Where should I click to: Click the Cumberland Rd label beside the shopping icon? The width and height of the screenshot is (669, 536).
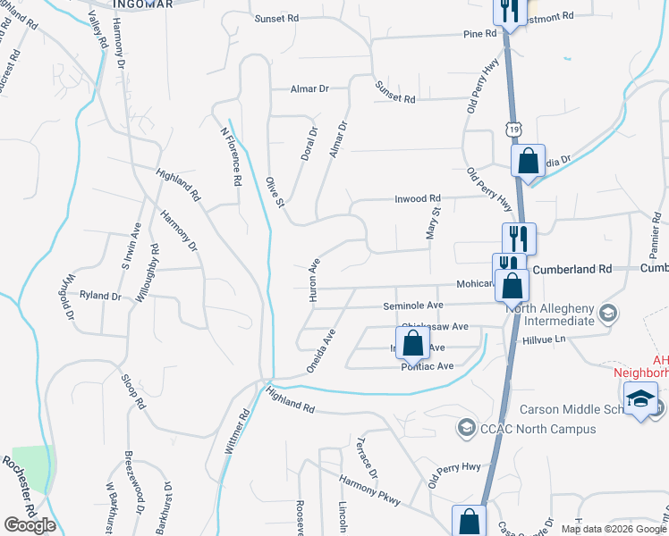(572, 268)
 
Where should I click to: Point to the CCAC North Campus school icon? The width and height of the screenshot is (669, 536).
(465, 429)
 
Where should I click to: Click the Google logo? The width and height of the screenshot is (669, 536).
(30, 525)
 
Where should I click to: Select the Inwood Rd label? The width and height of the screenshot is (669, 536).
(418, 198)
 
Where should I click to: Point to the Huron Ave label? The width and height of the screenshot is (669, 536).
(314, 281)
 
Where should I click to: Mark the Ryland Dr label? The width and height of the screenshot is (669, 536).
(100, 295)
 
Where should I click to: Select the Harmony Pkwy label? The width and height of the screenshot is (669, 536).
(369, 491)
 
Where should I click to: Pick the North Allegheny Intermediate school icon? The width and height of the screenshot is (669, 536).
(608, 313)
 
